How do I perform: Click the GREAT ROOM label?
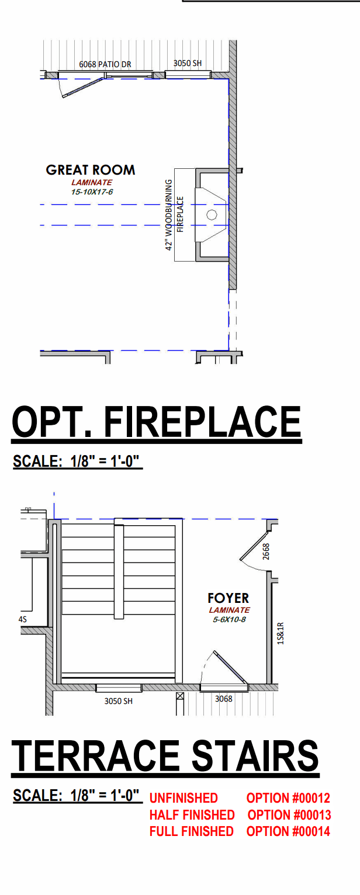pos(91,170)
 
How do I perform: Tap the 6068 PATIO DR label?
pos(105,64)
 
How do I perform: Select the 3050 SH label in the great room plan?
pos(188,63)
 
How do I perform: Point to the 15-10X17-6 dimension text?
pos(92,192)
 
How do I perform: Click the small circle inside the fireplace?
pos(212,215)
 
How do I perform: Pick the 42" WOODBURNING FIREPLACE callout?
pos(174,215)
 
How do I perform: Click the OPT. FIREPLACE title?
pos(156,422)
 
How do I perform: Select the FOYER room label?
pos(228,598)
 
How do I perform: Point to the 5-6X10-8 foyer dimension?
pos(229,620)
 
